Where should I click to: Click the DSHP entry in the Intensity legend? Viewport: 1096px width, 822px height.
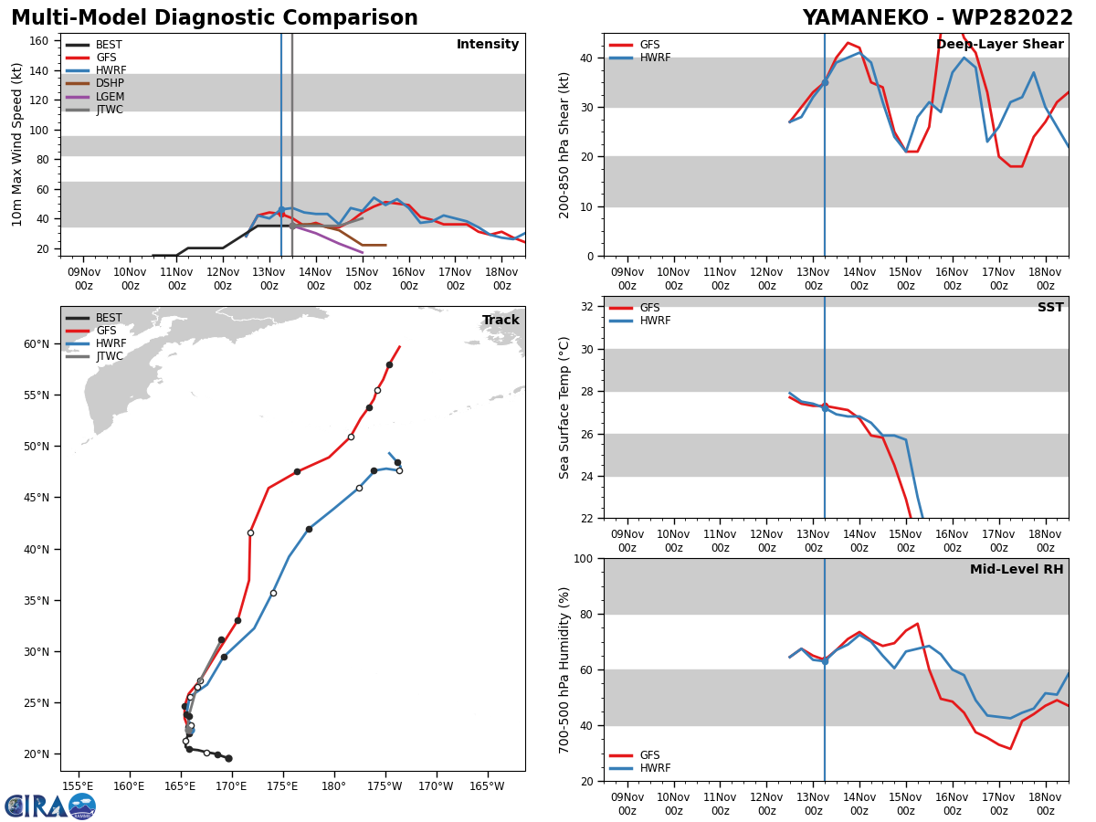click(x=94, y=83)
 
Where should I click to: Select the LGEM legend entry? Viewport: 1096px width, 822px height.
click(x=94, y=96)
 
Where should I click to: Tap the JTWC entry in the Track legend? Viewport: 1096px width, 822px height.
click(x=94, y=356)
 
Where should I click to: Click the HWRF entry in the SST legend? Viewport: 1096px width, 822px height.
click(x=640, y=321)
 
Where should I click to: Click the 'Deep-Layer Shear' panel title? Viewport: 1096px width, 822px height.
click(x=999, y=44)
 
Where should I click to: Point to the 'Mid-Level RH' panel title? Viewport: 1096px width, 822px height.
click(x=1017, y=569)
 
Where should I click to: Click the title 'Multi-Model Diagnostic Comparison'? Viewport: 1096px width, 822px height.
click(x=215, y=18)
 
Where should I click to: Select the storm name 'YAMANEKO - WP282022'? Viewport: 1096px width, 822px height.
click(x=938, y=18)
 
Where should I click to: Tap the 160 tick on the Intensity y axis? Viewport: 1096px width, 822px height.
click(x=38, y=41)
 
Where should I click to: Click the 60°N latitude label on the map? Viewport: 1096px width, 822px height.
click(x=37, y=344)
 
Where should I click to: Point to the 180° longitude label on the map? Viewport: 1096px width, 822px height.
click(x=333, y=786)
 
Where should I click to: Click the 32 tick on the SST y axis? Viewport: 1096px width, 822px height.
click(x=586, y=307)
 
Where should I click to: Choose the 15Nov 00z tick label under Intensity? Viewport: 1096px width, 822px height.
click(x=362, y=279)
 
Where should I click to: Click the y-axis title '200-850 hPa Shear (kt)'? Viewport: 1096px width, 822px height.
click(x=564, y=145)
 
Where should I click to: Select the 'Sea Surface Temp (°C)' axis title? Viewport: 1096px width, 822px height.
click(x=564, y=407)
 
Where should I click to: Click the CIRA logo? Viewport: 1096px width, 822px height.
click(x=50, y=806)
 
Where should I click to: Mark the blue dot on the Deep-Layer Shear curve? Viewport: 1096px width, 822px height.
click(x=825, y=82)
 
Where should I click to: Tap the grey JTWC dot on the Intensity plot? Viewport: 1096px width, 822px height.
click(x=292, y=227)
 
